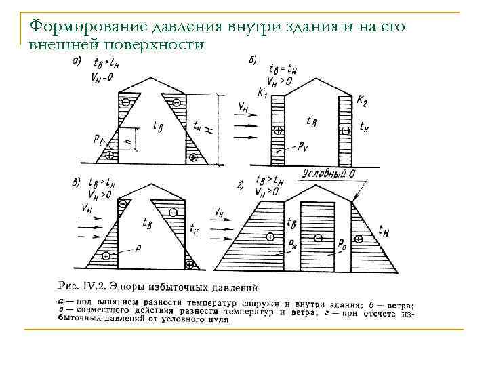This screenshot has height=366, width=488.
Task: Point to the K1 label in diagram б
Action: tap(263, 91)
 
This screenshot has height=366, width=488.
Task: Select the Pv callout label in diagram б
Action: tap(303, 145)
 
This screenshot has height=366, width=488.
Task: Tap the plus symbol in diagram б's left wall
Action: tap(277, 129)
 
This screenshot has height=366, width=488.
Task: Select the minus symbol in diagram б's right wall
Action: tap(346, 129)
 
